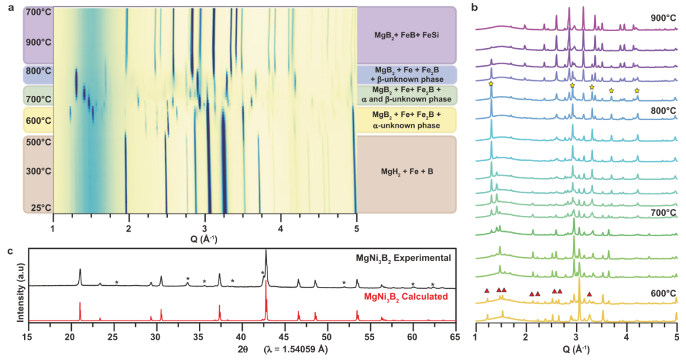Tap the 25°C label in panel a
(x=39, y=208)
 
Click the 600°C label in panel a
(x=38, y=121)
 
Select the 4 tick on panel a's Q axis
(x=280, y=226)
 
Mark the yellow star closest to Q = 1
(x=491, y=84)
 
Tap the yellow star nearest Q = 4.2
(x=637, y=91)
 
